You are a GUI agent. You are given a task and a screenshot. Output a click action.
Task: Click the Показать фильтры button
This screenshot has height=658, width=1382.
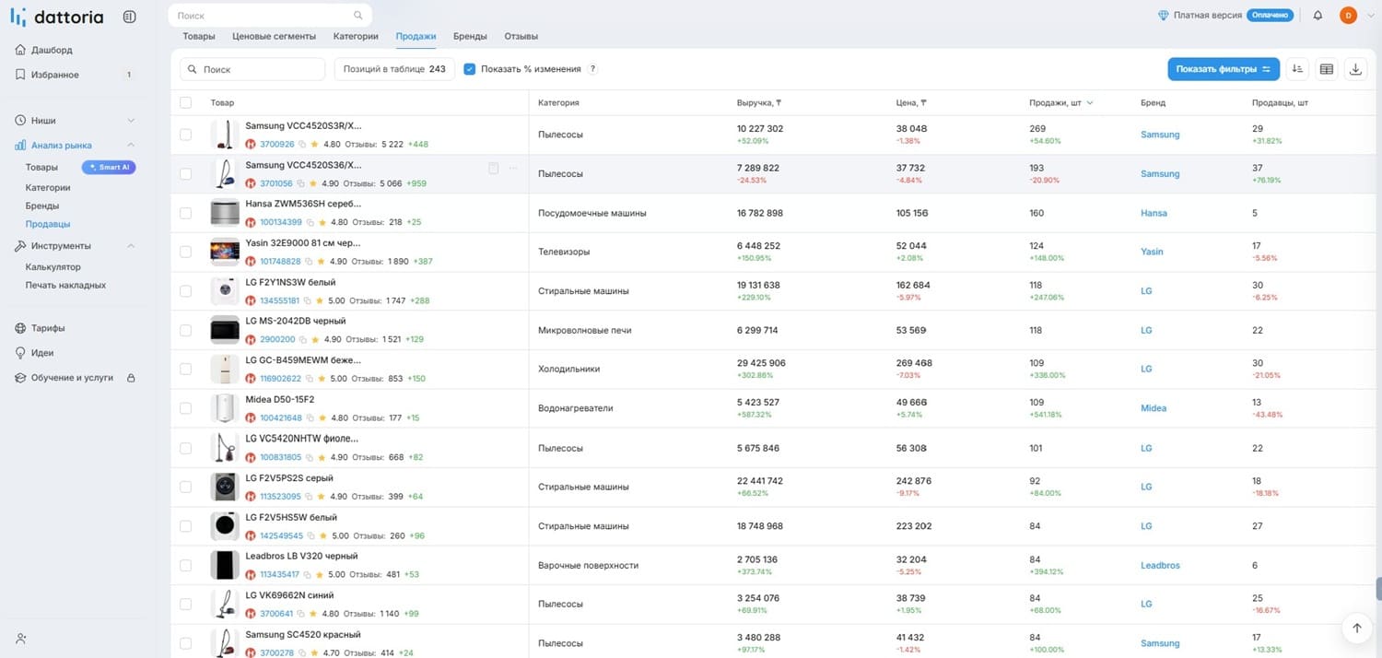click(x=1223, y=69)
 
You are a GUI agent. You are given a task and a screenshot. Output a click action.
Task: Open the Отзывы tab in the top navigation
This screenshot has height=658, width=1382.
click(x=521, y=37)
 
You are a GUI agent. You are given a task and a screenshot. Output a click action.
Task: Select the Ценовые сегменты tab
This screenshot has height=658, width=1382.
click(x=274, y=37)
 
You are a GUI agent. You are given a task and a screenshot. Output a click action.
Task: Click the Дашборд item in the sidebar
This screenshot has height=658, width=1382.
click(x=52, y=50)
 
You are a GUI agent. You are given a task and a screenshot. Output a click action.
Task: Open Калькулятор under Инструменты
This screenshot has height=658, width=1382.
click(x=53, y=266)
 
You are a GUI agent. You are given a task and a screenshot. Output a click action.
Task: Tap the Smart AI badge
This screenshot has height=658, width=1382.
click(x=110, y=168)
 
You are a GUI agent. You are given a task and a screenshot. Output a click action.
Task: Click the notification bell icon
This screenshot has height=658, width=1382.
click(x=1318, y=16)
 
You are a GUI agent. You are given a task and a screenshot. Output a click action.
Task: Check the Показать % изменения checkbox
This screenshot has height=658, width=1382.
click(x=470, y=69)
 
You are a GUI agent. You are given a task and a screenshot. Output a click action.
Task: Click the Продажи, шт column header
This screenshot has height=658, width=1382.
click(x=1055, y=103)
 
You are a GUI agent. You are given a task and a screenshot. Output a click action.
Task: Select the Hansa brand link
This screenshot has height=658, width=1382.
click(x=1154, y=213)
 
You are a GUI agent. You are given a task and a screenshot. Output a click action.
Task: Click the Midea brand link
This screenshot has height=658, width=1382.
click(x=1154, y=408)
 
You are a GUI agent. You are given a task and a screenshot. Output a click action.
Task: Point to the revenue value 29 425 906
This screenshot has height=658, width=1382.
click(x=761, y=363)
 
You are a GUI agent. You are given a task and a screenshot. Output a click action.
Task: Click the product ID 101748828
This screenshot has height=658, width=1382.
click(x=280, y=261)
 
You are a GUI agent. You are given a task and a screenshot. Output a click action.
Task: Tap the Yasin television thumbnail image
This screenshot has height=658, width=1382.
click(x=225, y=252)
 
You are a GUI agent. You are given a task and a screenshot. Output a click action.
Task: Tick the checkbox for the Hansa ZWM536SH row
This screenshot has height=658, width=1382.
click(x=186, y=213)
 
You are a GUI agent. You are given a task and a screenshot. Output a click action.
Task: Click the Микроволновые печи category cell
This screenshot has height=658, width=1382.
click(x=584, y=330)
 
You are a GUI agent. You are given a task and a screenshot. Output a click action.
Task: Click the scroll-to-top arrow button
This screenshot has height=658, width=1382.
click(x=1357, y=628)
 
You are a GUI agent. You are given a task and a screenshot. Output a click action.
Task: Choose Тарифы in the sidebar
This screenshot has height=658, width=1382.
click(x=48, y=328)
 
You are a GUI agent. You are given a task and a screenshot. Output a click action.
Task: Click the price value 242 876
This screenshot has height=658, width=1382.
click(x=914, y=481)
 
